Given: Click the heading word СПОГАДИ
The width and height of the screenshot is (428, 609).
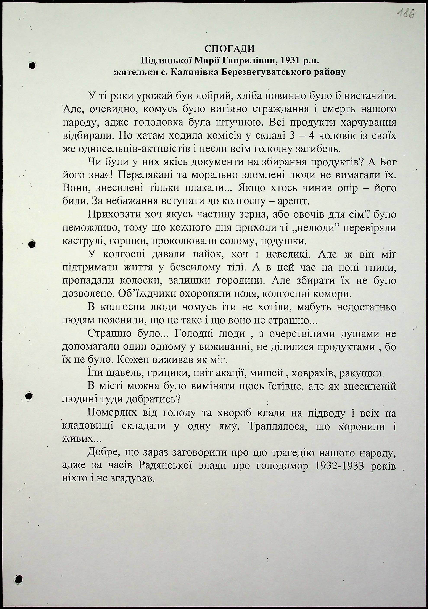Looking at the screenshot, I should coord(229,49).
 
